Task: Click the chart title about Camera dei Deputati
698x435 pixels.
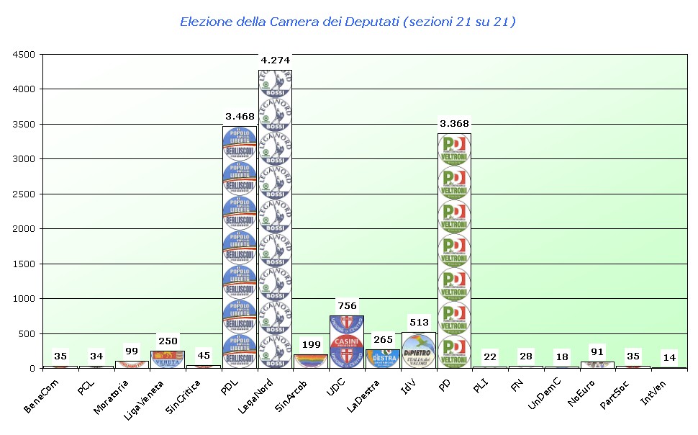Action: pyautogui.click(x=348, y=22)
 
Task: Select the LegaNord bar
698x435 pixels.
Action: pyautogui.click(x=276, y=216)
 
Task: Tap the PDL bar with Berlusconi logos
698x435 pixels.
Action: pyautogui.click(x=240, y=245)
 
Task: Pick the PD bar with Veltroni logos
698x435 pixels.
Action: pyautogui.click(x=455, y=248)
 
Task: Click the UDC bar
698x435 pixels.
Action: pyautogui.click(x=347, y=341)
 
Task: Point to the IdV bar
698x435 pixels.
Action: pyautogui.click(x=419, y=350)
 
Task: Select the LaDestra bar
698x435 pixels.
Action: pyautogui.click(x=383, y=358)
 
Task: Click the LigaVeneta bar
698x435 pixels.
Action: pyautogui.click(x=168, y=359)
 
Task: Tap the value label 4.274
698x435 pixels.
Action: pyautogui.click(x=276, y=60)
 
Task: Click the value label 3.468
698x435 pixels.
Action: pyautogui.click(x=240, y=116)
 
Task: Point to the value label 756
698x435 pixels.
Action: pyautogui.click(x=348, y=305)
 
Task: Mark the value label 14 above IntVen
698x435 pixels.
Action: pyautogui.click(x=669, y=357)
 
